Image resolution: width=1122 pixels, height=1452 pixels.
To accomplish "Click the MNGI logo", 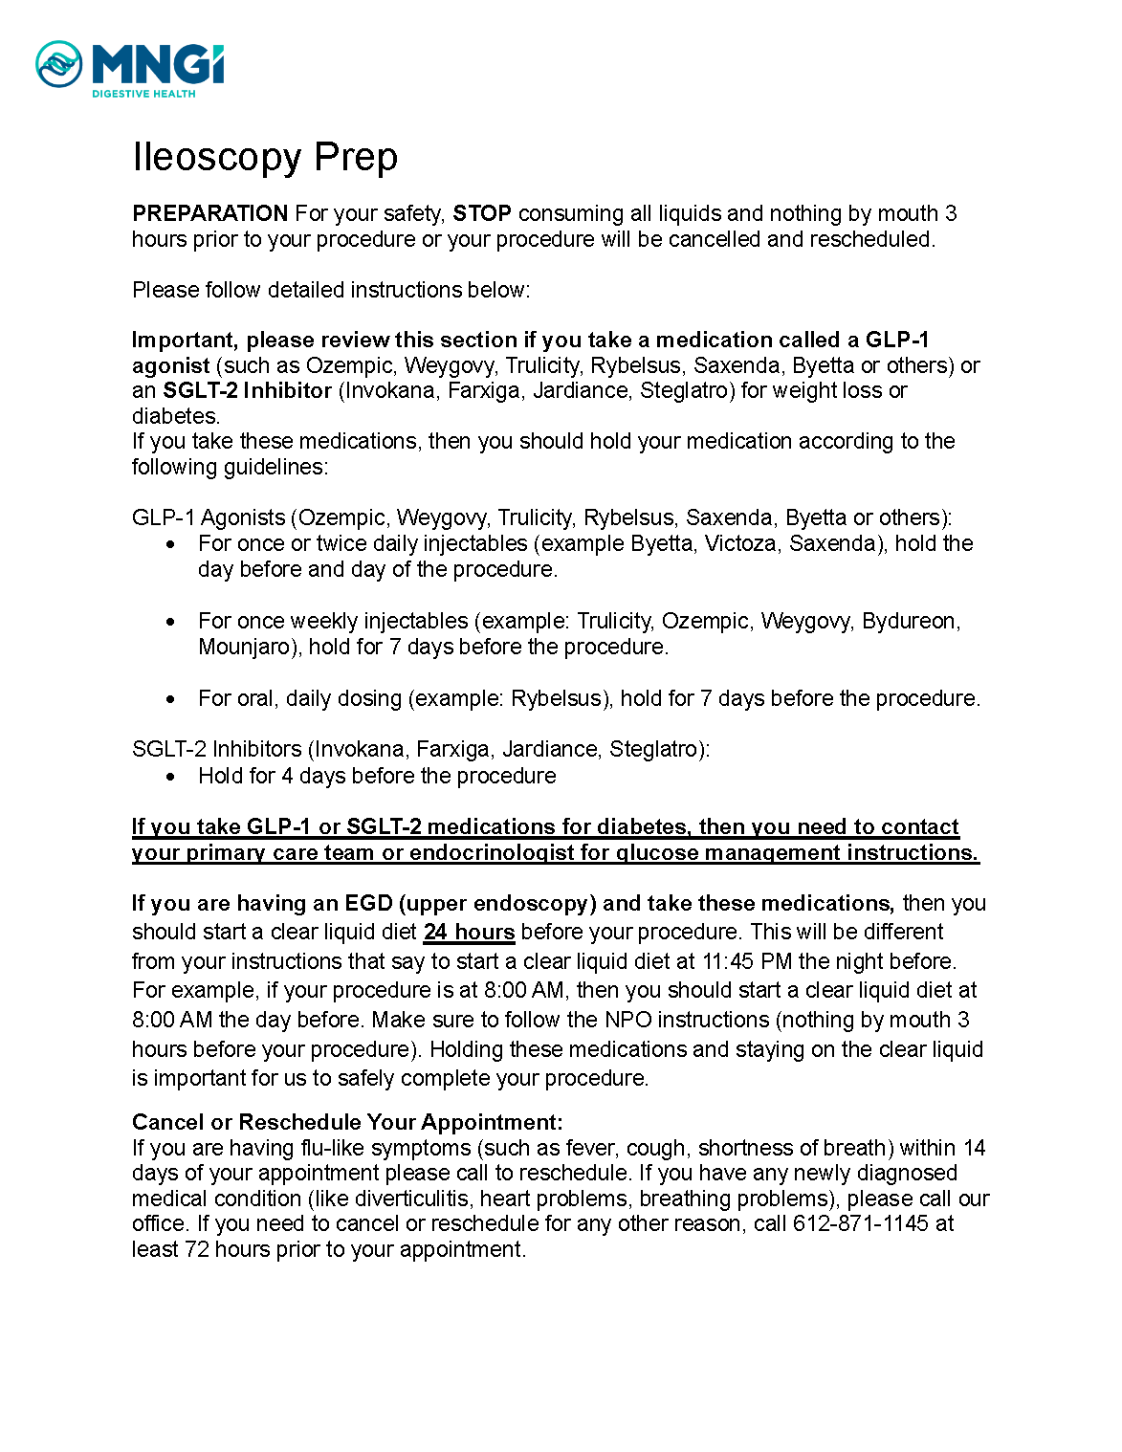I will point(129,65).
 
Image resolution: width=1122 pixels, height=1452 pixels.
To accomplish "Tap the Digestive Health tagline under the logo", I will point(143,94).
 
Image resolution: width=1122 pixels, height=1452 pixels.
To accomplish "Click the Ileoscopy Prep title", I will point(265,157).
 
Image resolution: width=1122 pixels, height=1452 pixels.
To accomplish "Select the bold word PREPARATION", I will point(209,213).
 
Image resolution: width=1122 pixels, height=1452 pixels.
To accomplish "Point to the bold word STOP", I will point(481,213).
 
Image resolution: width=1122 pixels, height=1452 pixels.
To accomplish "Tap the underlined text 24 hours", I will point(469,932).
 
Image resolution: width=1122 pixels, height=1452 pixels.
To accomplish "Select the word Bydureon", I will point(909,621).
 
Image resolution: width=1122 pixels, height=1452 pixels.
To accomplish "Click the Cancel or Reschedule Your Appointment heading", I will point(347,1122).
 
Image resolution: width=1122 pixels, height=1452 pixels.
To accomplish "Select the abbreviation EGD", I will point(367,903).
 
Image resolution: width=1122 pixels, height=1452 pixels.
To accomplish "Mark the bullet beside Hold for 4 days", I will point(170,777).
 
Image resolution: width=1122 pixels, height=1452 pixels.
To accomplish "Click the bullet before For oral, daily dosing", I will point(170,699).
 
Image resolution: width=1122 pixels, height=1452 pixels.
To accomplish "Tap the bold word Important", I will point(183,340).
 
